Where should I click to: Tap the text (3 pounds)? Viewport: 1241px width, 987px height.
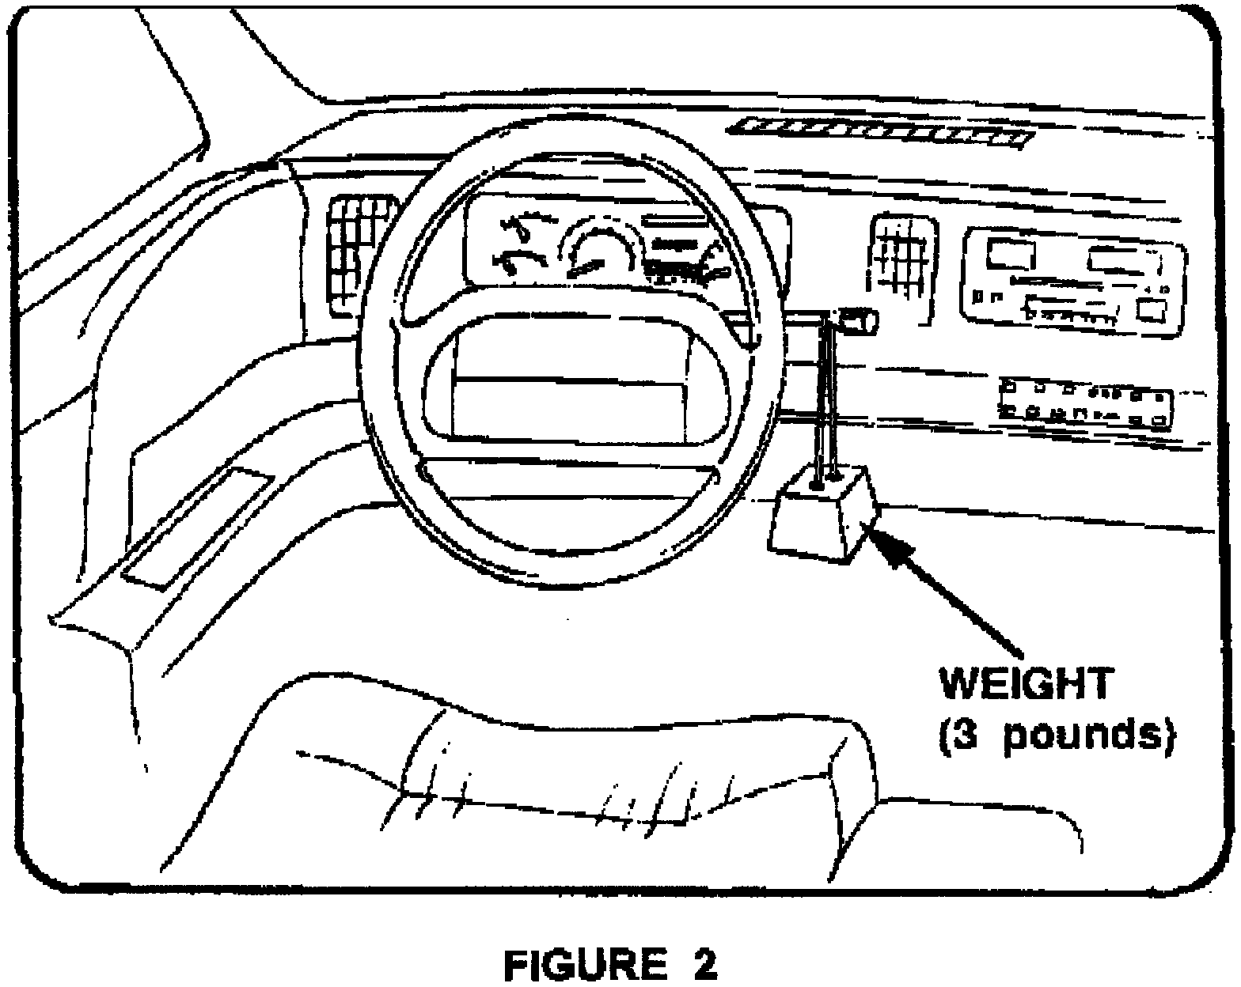tap(1054, 736)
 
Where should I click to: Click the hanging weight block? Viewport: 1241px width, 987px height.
tap(823, 518)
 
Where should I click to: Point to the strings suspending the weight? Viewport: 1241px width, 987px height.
tap(823, 395)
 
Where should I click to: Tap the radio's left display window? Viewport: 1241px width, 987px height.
tap(1010, 255)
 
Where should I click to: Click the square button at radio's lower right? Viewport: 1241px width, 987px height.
tap(1152, 309)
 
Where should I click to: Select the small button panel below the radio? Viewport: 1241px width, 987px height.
tap(1085, 402)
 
